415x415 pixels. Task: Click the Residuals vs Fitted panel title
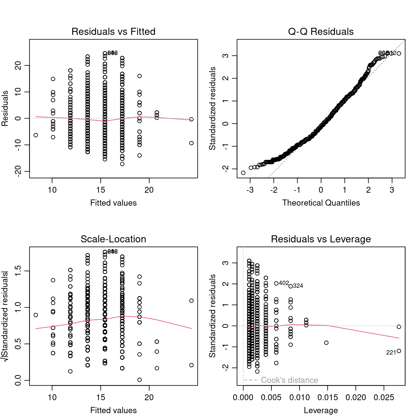point(113,31)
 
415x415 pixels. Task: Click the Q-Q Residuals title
point(321,31)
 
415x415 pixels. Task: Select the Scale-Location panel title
point(113,239)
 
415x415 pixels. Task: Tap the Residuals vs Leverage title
point(321,239)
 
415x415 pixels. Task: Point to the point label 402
point(284,283)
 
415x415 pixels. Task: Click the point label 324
point(298,286)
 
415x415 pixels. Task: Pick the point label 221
point(391,353)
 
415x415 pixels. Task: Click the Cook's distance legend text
point(289,380)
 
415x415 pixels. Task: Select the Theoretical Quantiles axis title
point(321,203)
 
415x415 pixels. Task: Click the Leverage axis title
point(321,410)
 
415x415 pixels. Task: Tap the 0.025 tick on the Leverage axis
point(384,397)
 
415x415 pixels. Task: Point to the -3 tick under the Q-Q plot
point(250,190)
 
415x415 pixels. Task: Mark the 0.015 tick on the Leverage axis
point(328,397)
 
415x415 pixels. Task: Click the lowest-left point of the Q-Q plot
point(243,173)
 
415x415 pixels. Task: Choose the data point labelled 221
point(399,351)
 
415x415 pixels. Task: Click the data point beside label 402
point(276,283)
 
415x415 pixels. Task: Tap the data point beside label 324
point(291,286)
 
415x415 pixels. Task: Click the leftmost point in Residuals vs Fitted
point(36,135)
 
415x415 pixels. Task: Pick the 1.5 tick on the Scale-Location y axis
point(18,271)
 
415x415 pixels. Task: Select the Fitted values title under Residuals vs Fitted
point(113,203)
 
